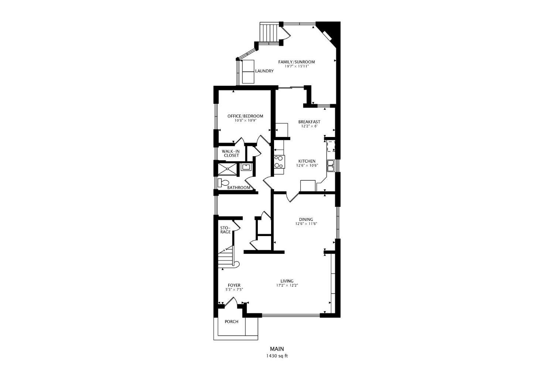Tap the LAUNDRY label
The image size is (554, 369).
pyautogui.click(x=264, y=71)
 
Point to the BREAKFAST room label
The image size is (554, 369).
pyautogui.click(x=309, y=122)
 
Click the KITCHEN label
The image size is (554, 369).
pyautogui.click(x=307, y=161)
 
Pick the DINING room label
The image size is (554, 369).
pyautogui.click(x=306, y=219)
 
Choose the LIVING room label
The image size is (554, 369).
pyautogui.click(x=287, y=281)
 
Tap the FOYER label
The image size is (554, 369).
pyautogui.click(x=234, y=285)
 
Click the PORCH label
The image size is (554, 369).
pyautogui.click(x=232, y=322)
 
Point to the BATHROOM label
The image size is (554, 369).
pyautogui.click(x=239, y=188)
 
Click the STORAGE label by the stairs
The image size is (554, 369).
pyautogui.click(x=225, y=230)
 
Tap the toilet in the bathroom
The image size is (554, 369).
pyautogui.click(x=223, y=182)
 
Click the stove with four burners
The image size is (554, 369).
pyautogui.click(x=279, y=161)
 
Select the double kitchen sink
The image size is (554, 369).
pyautogui.click(x=331, y=165)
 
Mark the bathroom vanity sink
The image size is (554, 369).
pyautogui.click(x=246, y=167)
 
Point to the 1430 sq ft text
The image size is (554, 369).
pyautogui.click(x=277, y=356)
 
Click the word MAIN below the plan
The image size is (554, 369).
pyautogui.click(x=277, y=349)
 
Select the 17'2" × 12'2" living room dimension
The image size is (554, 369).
pyautogui.click(x=287, y=285)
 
